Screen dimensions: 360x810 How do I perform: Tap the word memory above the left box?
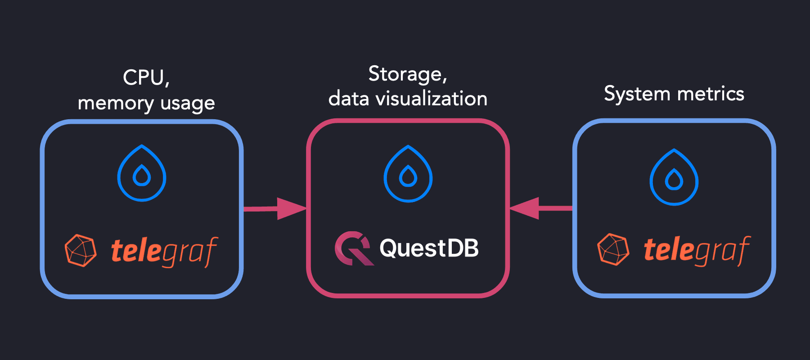coord(116,103)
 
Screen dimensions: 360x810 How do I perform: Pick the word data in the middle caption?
coord(349,99)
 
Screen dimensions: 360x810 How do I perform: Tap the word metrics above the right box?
coord(711,94)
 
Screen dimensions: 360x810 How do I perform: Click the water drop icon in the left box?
coord(142,173)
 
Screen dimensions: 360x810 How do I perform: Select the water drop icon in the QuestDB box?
coord(408,174)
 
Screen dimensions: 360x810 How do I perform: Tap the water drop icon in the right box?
coord(674,177)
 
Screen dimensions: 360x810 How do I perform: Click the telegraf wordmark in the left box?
coord(164,251)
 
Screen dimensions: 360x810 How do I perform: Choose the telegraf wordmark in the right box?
coord(697,250)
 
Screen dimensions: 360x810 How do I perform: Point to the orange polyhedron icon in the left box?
coord(81,250)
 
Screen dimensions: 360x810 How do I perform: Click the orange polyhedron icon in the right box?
coord(613,249)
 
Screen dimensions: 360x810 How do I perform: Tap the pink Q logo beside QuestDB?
coord(352,248)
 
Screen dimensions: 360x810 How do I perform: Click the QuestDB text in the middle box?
coord(429,248)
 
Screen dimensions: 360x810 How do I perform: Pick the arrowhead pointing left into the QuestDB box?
coord(525,208)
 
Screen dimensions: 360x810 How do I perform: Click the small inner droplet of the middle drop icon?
coord(408,177)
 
